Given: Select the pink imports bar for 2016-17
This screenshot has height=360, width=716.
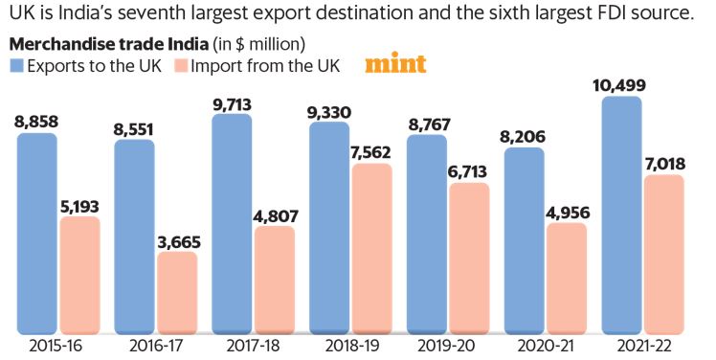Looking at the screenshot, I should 177,291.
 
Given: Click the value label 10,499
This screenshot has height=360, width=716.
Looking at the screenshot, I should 619,85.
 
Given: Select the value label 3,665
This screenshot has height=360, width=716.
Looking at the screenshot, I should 177,240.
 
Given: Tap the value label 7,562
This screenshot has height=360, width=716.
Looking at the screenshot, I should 372,152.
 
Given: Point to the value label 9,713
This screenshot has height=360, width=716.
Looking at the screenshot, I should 231,102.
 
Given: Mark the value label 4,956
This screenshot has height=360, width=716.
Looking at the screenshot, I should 568,212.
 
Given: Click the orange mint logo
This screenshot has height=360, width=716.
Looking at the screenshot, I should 395,65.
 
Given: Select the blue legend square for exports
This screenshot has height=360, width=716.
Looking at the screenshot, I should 16,66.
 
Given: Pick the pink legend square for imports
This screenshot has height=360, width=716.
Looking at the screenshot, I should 181,66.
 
